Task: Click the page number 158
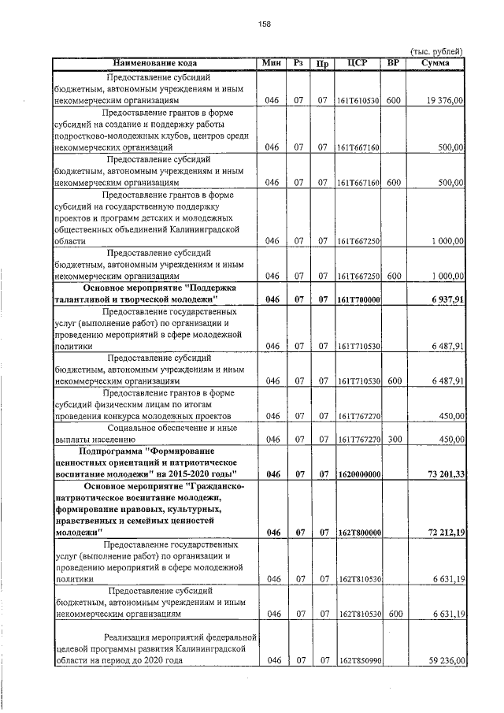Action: [264, 24]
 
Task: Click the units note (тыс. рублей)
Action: [439, 51]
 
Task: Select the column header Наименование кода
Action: [154, 62]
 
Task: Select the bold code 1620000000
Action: [358, 473]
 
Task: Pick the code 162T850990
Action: [358, 661]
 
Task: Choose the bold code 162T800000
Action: [358, 533]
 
